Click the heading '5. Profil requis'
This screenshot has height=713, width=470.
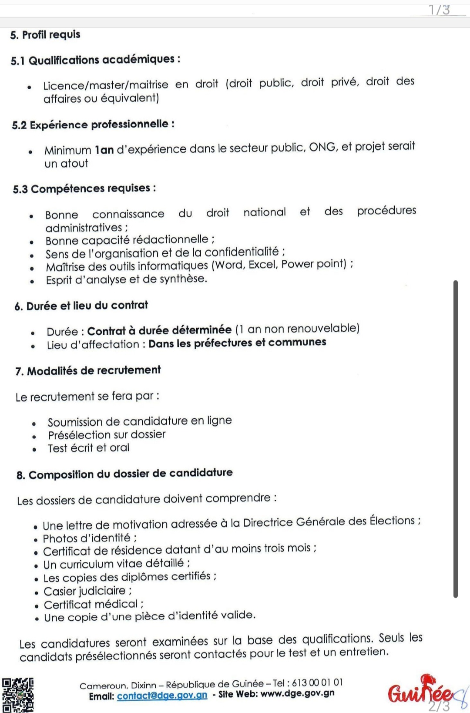point(45,35)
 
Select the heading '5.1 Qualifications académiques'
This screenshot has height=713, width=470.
point(95,60)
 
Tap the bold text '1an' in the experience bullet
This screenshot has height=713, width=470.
point(104,150)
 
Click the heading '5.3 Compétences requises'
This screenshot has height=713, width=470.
point(84,188)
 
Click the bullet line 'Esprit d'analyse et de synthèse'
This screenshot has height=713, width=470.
point(126,279)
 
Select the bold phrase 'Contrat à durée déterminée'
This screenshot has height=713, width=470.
point(159,330)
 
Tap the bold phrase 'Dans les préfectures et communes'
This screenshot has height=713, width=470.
point(237,343)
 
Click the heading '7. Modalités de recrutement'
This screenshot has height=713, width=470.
point(88,370)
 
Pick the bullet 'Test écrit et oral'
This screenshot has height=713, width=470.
point(88,448)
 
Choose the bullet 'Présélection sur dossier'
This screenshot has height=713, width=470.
point(107,434)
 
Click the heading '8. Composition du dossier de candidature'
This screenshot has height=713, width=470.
point(124,474)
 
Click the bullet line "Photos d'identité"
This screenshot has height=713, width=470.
point(89,538)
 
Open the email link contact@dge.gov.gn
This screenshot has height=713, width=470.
point(162,696)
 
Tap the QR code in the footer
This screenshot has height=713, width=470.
point(18,694)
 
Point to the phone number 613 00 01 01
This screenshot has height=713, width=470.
point(317,683)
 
